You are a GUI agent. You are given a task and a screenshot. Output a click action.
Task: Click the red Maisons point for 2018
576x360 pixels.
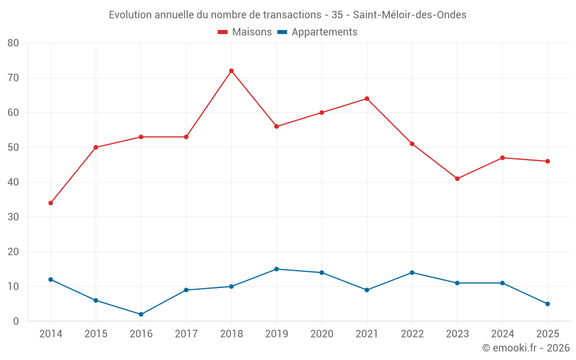tap(232, 71)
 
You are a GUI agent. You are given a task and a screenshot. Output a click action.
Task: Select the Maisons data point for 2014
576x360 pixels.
tap(51, 203)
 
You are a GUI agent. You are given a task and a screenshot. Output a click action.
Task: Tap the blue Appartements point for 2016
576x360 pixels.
tap(141, 314)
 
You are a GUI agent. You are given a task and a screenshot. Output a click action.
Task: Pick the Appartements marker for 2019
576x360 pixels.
tap(276, 269)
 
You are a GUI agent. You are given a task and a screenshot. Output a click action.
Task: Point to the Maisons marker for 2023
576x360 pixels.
tap(457, 179)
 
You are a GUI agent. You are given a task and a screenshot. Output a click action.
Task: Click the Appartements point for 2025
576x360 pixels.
tap(548, 304)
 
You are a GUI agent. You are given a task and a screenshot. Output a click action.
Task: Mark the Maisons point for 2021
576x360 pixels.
tap(367, 99)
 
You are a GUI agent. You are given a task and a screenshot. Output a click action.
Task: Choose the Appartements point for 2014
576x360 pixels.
tap(51, 279)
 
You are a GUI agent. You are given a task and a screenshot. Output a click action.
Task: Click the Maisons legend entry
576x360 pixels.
tap(245, 32)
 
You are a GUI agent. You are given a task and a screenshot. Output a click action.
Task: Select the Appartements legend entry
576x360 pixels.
tap(317, 32)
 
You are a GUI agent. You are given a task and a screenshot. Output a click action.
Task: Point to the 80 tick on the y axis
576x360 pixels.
tap(13, 43)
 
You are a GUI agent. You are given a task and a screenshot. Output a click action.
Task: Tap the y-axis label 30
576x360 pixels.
tap(13, 217)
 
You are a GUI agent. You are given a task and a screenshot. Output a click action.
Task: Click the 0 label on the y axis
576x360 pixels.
tap(16, 321)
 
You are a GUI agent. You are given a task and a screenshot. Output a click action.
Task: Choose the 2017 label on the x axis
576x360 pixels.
tap(186, 334)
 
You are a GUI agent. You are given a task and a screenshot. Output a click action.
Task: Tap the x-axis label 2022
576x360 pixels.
tap(412, 334)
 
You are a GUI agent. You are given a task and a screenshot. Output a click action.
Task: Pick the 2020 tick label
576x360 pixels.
tap(322, 334)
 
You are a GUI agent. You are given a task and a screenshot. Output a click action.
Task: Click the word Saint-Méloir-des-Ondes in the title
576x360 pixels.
tap(410, 15)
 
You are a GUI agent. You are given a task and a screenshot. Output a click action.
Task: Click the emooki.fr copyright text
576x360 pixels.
tap(526, 347)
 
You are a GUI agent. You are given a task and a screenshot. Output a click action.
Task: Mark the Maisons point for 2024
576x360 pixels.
tap(502, 158)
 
